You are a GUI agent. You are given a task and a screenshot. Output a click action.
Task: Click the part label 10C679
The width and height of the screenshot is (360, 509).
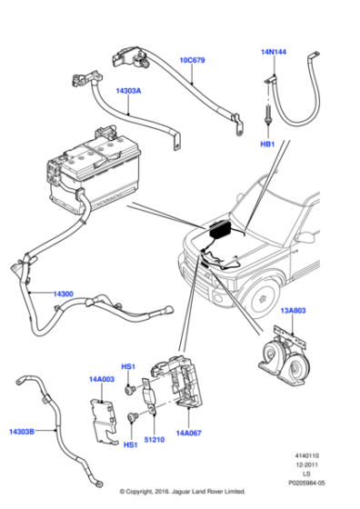pyautogui.click(x=192, y=60)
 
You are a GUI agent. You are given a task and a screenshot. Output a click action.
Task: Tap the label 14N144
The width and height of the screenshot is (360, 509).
pyautogui.click(x=274, y=53)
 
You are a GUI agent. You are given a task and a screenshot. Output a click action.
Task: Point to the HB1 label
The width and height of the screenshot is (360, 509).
pyautogui.click(x=266, y=144)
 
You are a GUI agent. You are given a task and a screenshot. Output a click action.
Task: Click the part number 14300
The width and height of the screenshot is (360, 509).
pyautogui.click(x=63, y=294)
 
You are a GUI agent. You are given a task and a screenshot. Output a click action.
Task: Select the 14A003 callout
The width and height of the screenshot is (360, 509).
pyautogui.click(x=101, y=378)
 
